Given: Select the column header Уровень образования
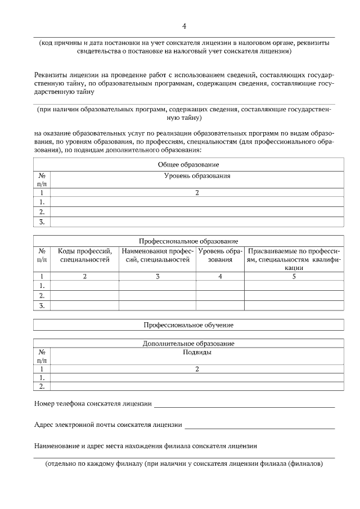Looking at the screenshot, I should [x=197, y=176].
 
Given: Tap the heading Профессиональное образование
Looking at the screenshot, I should [x=188, y=241].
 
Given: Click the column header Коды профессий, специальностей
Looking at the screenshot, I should [x=85, y=255].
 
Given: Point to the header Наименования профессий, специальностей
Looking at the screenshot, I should [x=157, y=255].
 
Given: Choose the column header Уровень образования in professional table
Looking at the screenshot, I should [x=220, y=255].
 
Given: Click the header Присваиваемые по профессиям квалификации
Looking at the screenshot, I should [x=294, y=259].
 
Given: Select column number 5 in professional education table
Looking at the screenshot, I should [x=294, y=276].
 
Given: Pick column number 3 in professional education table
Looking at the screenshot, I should [x=157, y=276].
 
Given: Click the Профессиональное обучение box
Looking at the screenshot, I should [x=188, y=325].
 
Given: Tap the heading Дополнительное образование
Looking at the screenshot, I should [x=188, y=343].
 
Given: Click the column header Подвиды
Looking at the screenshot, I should [x=197, y=353].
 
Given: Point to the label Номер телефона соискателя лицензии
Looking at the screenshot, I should [x=93, y=403].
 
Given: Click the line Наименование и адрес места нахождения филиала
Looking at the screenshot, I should [x=146, y=446].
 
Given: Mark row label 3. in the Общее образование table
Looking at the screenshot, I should [x=42, y=222].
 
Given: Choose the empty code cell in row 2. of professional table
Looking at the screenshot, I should [x=85, y=295].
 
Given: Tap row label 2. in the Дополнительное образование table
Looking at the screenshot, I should [x=42, y=387].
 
